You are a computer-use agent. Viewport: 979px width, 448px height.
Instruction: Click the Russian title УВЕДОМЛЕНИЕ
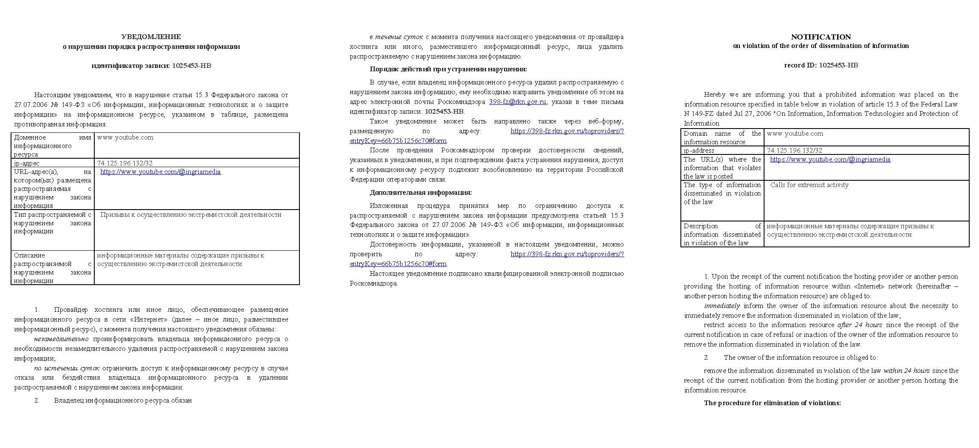pos(151,37)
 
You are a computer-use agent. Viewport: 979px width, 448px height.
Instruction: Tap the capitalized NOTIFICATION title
pos(821,37)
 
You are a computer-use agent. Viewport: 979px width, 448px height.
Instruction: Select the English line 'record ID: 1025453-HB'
pos(821,65)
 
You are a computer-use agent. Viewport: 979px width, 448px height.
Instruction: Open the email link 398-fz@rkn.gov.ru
pos(518,102)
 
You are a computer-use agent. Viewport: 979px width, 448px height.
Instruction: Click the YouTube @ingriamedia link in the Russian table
pos(161,172)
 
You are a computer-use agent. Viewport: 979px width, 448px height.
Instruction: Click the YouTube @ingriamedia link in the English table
pos(830,160)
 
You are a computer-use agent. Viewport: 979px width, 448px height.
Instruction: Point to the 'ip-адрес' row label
pos(27,163)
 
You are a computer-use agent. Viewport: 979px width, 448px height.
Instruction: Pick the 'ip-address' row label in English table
pos(699,151)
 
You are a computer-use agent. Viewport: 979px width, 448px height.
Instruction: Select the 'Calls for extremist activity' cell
pos(809,185)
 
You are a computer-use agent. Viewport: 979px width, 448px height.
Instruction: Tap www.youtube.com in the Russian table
pos(125,137)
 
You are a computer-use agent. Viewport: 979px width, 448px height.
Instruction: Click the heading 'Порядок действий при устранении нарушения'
pos(448,69)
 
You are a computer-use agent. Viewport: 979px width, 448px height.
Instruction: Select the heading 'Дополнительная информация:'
pos(420,193)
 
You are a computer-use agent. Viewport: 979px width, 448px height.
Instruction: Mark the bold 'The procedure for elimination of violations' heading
pos(772,403)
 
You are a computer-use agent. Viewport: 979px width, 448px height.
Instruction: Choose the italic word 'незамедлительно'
pos(62,339)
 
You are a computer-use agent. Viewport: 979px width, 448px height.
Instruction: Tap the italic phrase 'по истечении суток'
pos(67,368)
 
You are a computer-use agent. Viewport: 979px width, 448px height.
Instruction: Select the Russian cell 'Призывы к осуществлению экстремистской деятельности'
pos(191,215)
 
